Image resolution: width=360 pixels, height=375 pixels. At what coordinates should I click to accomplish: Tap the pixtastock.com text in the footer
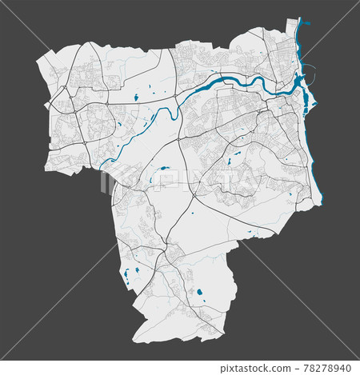[x=267, y=366]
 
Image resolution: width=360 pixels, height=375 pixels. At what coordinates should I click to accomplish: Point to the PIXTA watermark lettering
[x=181, y=179]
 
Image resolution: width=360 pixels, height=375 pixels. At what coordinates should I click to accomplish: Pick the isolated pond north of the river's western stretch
[x=135, y=98]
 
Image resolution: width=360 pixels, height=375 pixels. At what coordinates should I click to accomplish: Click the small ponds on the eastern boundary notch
[x=252, y=234]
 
